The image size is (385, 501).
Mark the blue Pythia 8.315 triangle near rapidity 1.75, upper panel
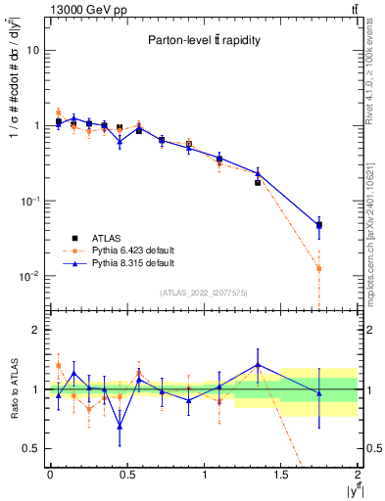click(x=319, y=225)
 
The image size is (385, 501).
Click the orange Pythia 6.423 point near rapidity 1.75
click(x=319, y=268)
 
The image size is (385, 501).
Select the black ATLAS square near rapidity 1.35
click(x=258, y=183)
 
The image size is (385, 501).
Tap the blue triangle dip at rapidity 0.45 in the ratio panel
click(x=120, y=426)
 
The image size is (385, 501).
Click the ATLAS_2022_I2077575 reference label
click(x=204, y=292)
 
